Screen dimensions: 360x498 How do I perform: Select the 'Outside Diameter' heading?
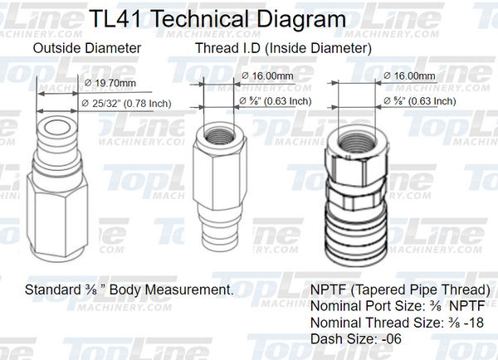(86, 48)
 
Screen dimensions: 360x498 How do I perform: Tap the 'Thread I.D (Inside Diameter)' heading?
(282, 48)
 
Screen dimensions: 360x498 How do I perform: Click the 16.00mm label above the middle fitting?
(268, 75)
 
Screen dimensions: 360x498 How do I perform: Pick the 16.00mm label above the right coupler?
(412, 75)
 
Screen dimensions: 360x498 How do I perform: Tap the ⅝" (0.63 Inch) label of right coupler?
(420, 101)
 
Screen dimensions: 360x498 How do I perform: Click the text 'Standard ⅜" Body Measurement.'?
(128, 290)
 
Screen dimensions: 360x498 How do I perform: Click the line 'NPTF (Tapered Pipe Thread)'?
(400, 290)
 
